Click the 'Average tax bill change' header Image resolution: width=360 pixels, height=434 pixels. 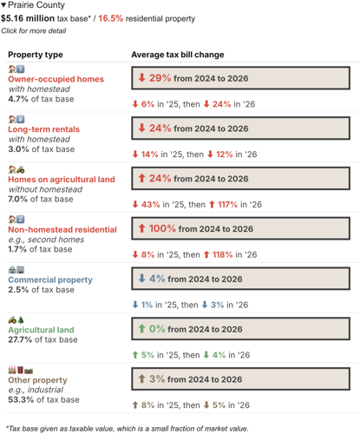(x=177, y=55)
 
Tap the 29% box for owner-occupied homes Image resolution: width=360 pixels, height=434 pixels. (x=240, y=78)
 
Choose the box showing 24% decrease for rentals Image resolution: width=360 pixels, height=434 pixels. (x=240, y=128)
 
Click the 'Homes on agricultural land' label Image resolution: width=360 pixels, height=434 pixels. (x=61, y=180)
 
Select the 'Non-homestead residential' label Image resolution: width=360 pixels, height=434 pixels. (x=62, y=230)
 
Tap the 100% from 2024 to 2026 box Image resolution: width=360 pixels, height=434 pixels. (x=240, y=229)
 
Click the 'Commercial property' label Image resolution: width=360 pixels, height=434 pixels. (x=50, y=280)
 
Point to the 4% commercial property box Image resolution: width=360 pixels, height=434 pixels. (x=240, y=279)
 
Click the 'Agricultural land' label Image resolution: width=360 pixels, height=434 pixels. (x=41, y=331)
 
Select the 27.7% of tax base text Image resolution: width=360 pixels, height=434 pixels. (x=43, y=340)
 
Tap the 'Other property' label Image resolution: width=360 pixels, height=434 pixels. (x=37, y=380)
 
